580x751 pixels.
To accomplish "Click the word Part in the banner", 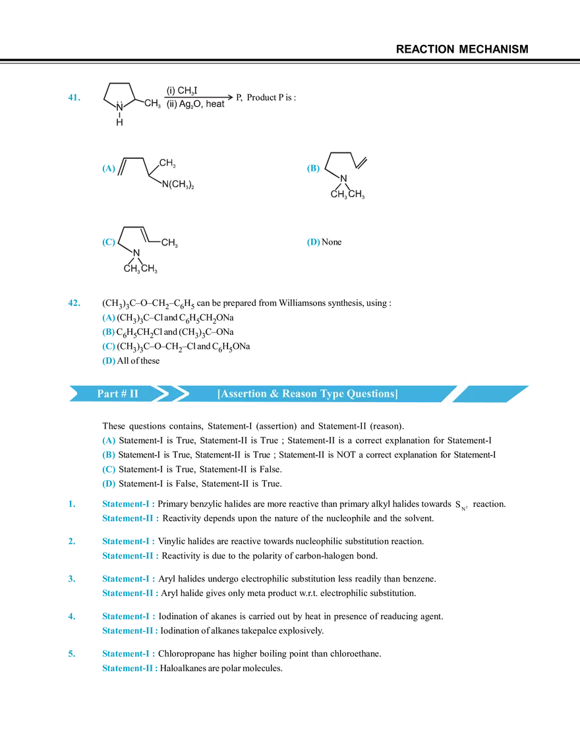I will [107, 394].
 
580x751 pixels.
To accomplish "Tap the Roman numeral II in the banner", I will [134, 394].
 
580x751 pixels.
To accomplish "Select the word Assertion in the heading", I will [243, 394].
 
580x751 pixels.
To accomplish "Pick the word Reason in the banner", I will [298, 394].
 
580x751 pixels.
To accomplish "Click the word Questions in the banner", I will [371, 394].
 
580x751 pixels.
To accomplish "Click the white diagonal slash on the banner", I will [455, 393].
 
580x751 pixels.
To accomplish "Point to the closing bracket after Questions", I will [396, 394].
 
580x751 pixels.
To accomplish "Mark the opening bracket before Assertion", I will [219, 394].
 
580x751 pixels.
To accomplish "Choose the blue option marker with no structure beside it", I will [314, 243].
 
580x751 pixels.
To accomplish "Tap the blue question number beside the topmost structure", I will [73, 99].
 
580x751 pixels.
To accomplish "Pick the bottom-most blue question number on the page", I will [72, 655].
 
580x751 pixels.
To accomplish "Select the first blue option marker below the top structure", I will [108, 169].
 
